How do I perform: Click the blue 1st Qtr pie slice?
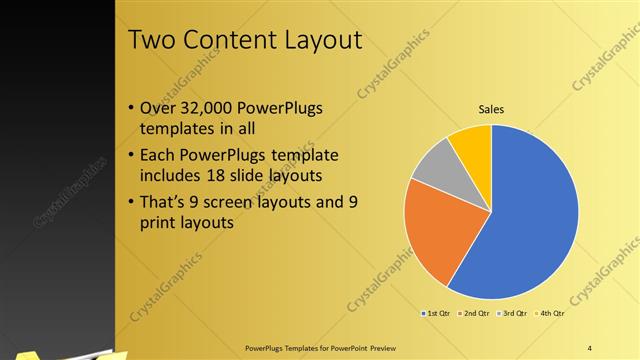pyautogui.click(x=530, y=220)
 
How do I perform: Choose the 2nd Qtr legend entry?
pyautogui.click(x=474, y=314)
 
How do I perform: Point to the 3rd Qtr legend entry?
pyautogui.click(x=512, y=314)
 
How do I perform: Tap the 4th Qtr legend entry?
pyautogui.click(x=550, y=314)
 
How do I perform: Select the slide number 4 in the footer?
pyautogui.click(x=590, y=347)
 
